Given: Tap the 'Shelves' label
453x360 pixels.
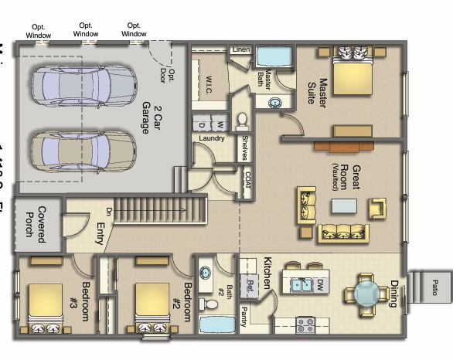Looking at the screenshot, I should coord(244,148).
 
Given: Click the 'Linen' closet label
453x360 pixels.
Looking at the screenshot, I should coord(240,50).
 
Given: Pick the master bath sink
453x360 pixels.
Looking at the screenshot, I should coord(274,101).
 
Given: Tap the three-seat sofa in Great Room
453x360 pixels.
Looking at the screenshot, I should coord(343,231).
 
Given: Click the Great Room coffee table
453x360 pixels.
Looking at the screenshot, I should coord(345,205).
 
